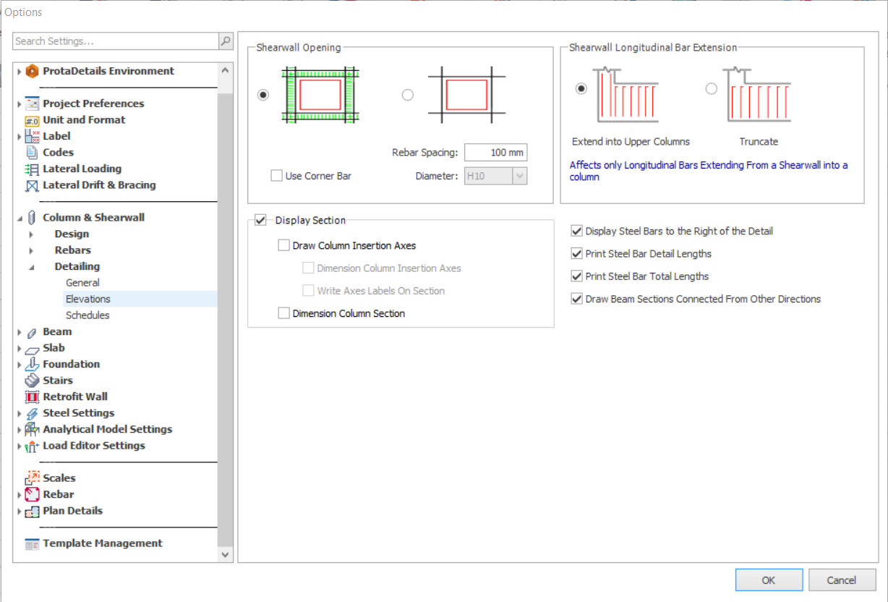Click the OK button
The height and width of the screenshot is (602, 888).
coord(769,580)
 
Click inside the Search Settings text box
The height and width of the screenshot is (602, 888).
coord(116,41)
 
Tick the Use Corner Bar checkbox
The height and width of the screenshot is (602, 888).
coord(276,176)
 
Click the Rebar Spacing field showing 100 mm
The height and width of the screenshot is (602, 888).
coord(495,152)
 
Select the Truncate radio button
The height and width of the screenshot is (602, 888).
coord(711,88)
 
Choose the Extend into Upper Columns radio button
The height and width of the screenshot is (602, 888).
coord(581,88)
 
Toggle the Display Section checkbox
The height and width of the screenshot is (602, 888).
coord(260,220)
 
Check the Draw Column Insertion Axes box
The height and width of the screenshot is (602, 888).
coord(283,245)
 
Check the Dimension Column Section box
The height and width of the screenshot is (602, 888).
coord(283,313)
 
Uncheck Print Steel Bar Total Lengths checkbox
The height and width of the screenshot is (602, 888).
coord(577,276)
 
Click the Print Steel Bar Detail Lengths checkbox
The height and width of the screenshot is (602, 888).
coord(577,253)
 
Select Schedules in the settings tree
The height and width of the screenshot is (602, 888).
coord(87,315)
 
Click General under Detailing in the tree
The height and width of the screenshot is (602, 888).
coord(82,283)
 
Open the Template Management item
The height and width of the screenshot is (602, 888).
coord(102,543)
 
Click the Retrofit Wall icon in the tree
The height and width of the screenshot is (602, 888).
coord(32,397)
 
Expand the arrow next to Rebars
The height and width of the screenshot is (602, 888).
coord(31,250)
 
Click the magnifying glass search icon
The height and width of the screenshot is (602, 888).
coord(226,41)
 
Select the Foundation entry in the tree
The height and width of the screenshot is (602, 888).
coord(72,364)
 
